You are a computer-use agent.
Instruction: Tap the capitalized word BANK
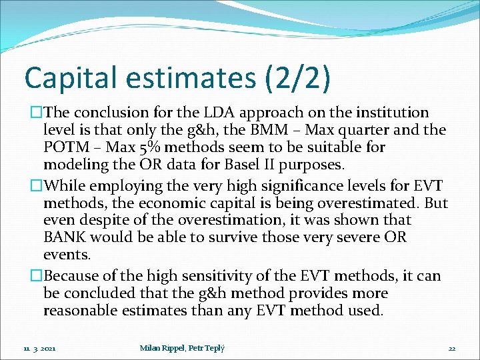pyautogui.click(x=64, y=237)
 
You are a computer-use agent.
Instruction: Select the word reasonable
pyautogui.click(x=89, y=311)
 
